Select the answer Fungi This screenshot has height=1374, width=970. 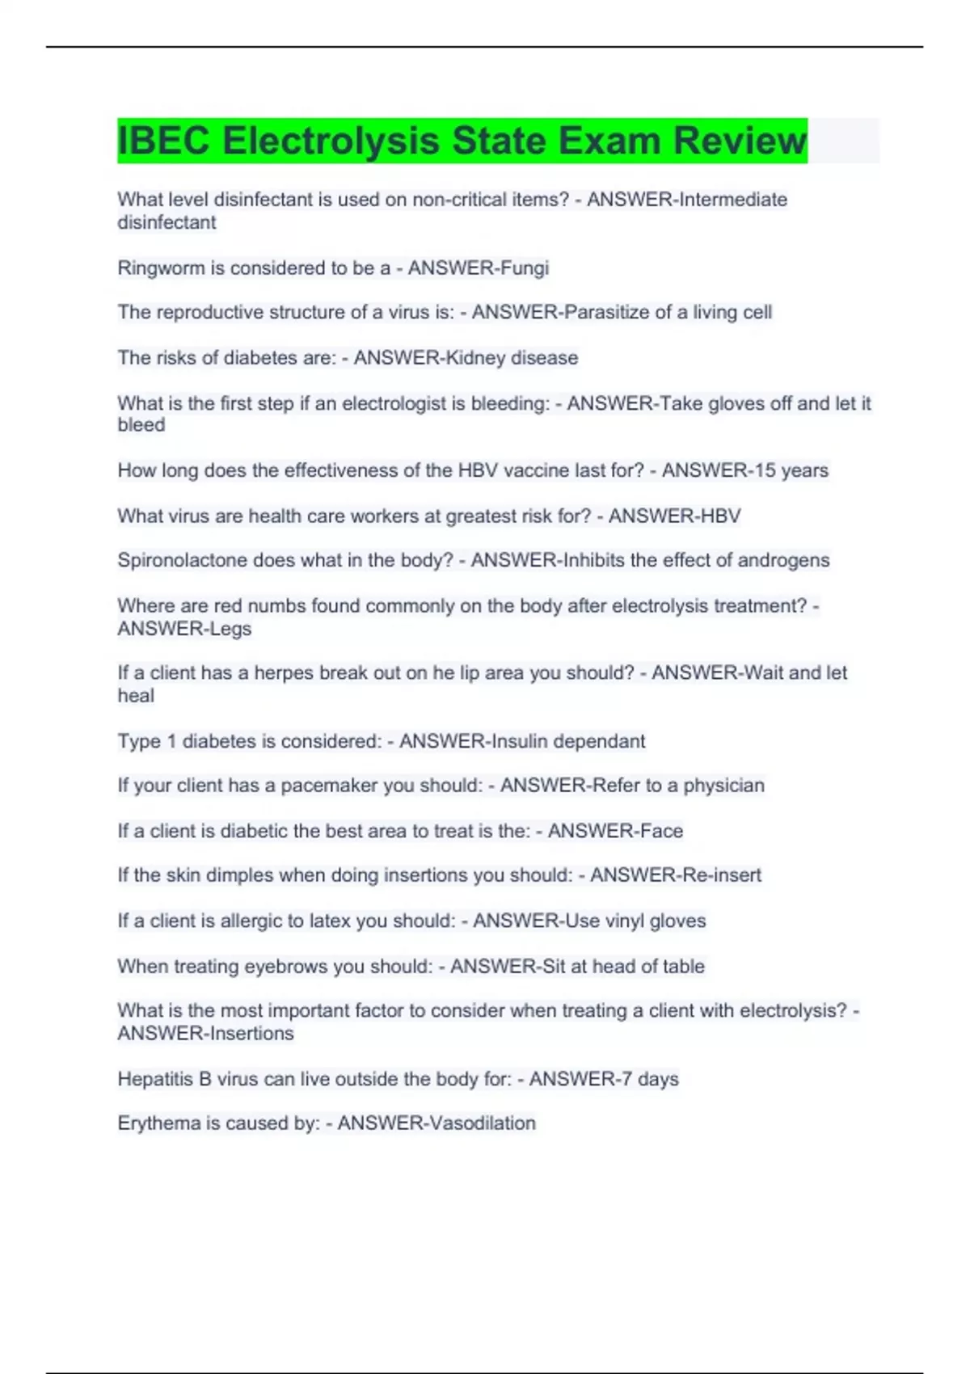click(523, 268)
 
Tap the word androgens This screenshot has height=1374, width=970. click(784, 560)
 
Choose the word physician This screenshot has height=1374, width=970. click(723, 785)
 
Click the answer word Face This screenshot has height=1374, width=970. click(662, 830)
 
